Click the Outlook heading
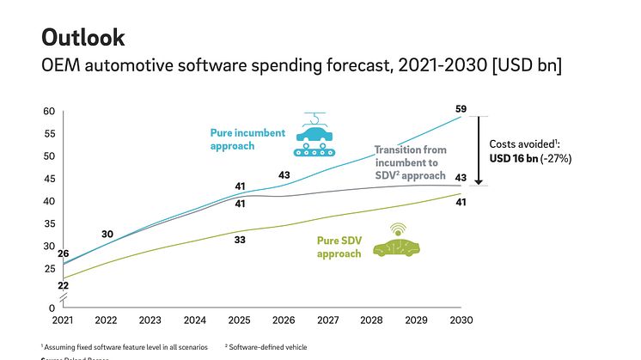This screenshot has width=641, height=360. (83, 38)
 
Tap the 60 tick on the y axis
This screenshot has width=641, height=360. (49, 111)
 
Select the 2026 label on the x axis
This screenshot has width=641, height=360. (284, 320)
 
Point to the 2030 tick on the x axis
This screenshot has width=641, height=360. (463, 320)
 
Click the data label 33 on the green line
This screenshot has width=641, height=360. (240, 240)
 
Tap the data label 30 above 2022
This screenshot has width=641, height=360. (107, 235)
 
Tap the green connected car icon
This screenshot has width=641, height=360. (396, 243)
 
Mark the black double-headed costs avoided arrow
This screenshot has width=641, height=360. (479, 150)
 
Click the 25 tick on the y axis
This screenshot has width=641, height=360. (49, 269)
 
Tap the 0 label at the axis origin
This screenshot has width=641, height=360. (52, 308)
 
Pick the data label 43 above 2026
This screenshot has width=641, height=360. (284, 176)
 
